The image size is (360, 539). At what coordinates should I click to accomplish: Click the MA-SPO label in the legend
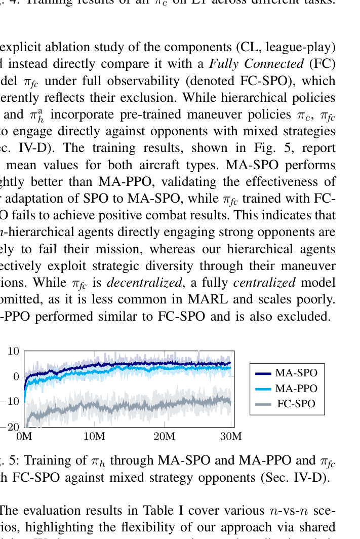[x=296, y=373]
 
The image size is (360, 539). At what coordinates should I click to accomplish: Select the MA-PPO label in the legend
[x=296, y=389]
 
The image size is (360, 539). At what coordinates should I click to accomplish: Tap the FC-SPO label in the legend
[x=296, y=404]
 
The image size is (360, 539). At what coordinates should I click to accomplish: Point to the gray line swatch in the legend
[x=263, y=404]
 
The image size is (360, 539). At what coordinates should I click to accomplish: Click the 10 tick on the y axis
[x=14, y=351]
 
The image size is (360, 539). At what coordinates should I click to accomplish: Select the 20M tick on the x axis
[x=164, y=436]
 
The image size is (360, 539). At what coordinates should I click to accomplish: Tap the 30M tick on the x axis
[x=232, y=436]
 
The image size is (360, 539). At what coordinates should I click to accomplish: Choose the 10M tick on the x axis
[x=94, y=436]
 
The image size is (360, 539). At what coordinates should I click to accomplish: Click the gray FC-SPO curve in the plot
[x=152, y=405]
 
